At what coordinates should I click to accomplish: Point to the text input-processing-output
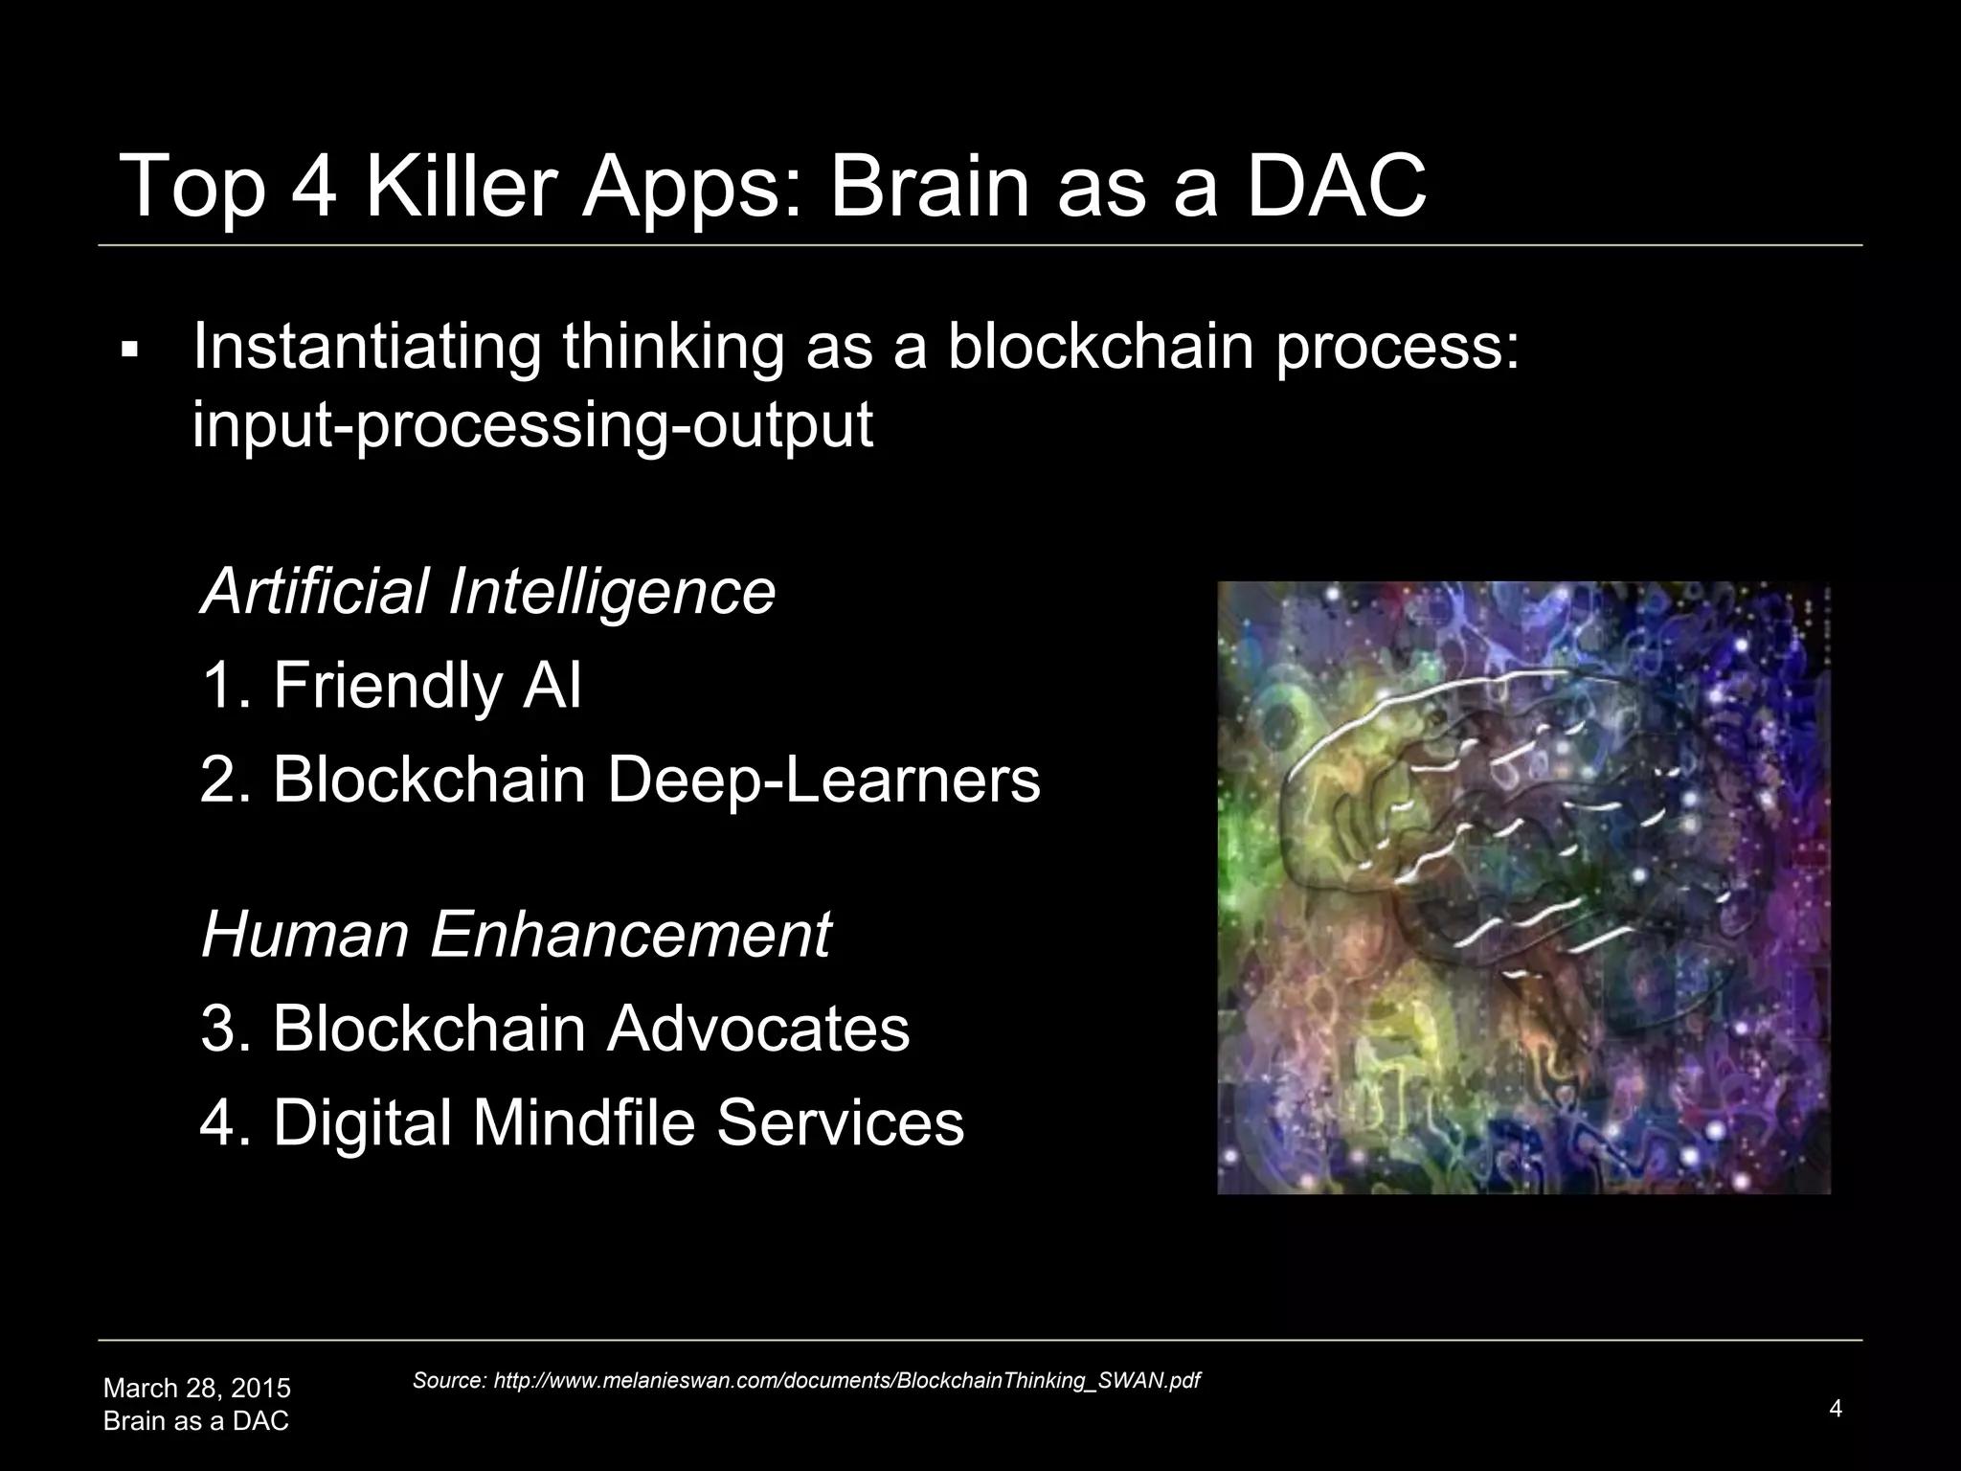[x=532, y=424]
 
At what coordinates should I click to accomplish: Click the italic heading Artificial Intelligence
[x=487, y=591]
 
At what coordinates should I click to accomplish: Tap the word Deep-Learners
[x=823, y=780]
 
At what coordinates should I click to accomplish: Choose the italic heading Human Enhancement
[x=516, y=934]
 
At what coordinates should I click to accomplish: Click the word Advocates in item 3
[x=757, y=1029]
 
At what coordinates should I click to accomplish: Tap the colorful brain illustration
[x=1523, y=887]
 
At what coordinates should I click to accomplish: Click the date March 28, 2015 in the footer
[x=197, y=1388]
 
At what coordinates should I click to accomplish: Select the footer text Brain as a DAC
[x=196, y=1421]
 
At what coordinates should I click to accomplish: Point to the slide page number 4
[x=1835, y=1408]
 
